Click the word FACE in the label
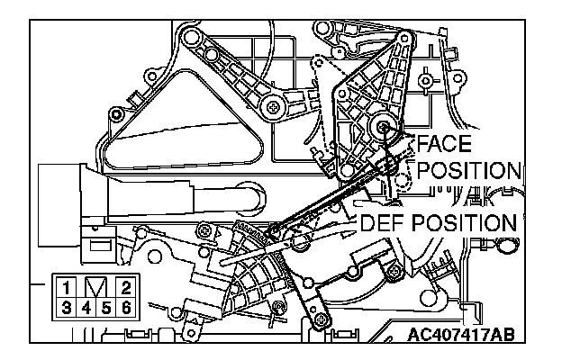click(x=444, y=143)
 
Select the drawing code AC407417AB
click(x=461, y=335)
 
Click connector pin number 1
click(x=66, y=288)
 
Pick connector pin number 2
click(x=126, y=288)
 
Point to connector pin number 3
click(x=66, y=308)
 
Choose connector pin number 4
click(x=86, y=308)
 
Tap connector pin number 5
click(x=106, y=308)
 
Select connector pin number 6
click(x=126, y=308)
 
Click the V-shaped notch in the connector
click(x=96, y=286)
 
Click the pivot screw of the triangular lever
click(x=384, y=126)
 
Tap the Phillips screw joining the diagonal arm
click(x=274, y=106)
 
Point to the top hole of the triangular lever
click(x=405, y=38)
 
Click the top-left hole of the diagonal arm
click(x=191, y=36)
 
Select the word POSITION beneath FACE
click(x=469, y=170)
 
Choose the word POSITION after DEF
click(x=464, y=223)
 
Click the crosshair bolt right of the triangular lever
click(x=425, y=81)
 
